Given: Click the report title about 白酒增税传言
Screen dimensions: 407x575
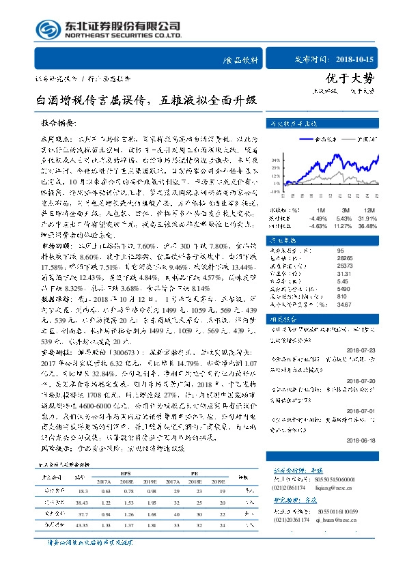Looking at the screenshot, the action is click(146, 100).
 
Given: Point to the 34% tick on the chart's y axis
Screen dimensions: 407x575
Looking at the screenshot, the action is click(274, 159).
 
